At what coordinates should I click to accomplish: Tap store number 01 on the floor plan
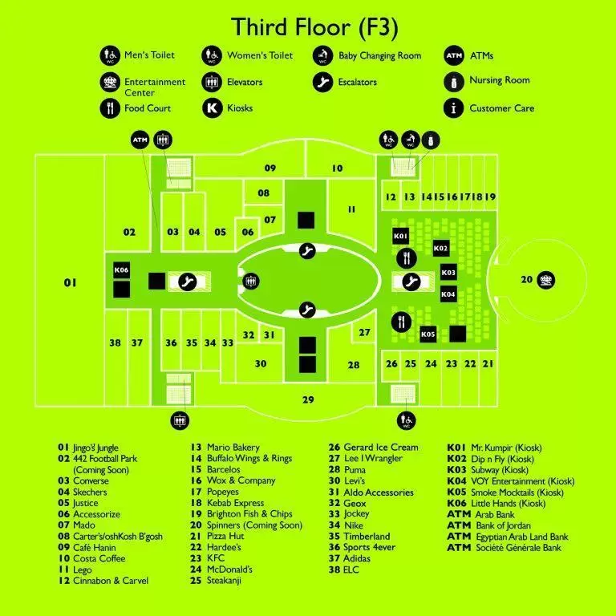coord(70,282)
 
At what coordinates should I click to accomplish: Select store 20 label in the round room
coord(526,280)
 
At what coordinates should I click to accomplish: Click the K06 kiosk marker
coord(121,270)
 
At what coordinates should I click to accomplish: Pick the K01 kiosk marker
coord(401,236)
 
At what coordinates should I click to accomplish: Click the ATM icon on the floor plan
coord(140,140)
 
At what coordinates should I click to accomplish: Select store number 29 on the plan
coord(308,399)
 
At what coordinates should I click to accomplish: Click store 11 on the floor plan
coord(351,209)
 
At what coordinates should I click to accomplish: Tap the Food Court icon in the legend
coord(110,107)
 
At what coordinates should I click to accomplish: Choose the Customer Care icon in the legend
coord(455,107)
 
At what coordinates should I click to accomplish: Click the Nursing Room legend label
coord(499,81)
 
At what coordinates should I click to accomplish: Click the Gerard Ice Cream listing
coord(381,448)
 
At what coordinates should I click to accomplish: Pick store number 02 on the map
coord(129,233)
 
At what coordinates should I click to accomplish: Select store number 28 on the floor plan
coord(354,365)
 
